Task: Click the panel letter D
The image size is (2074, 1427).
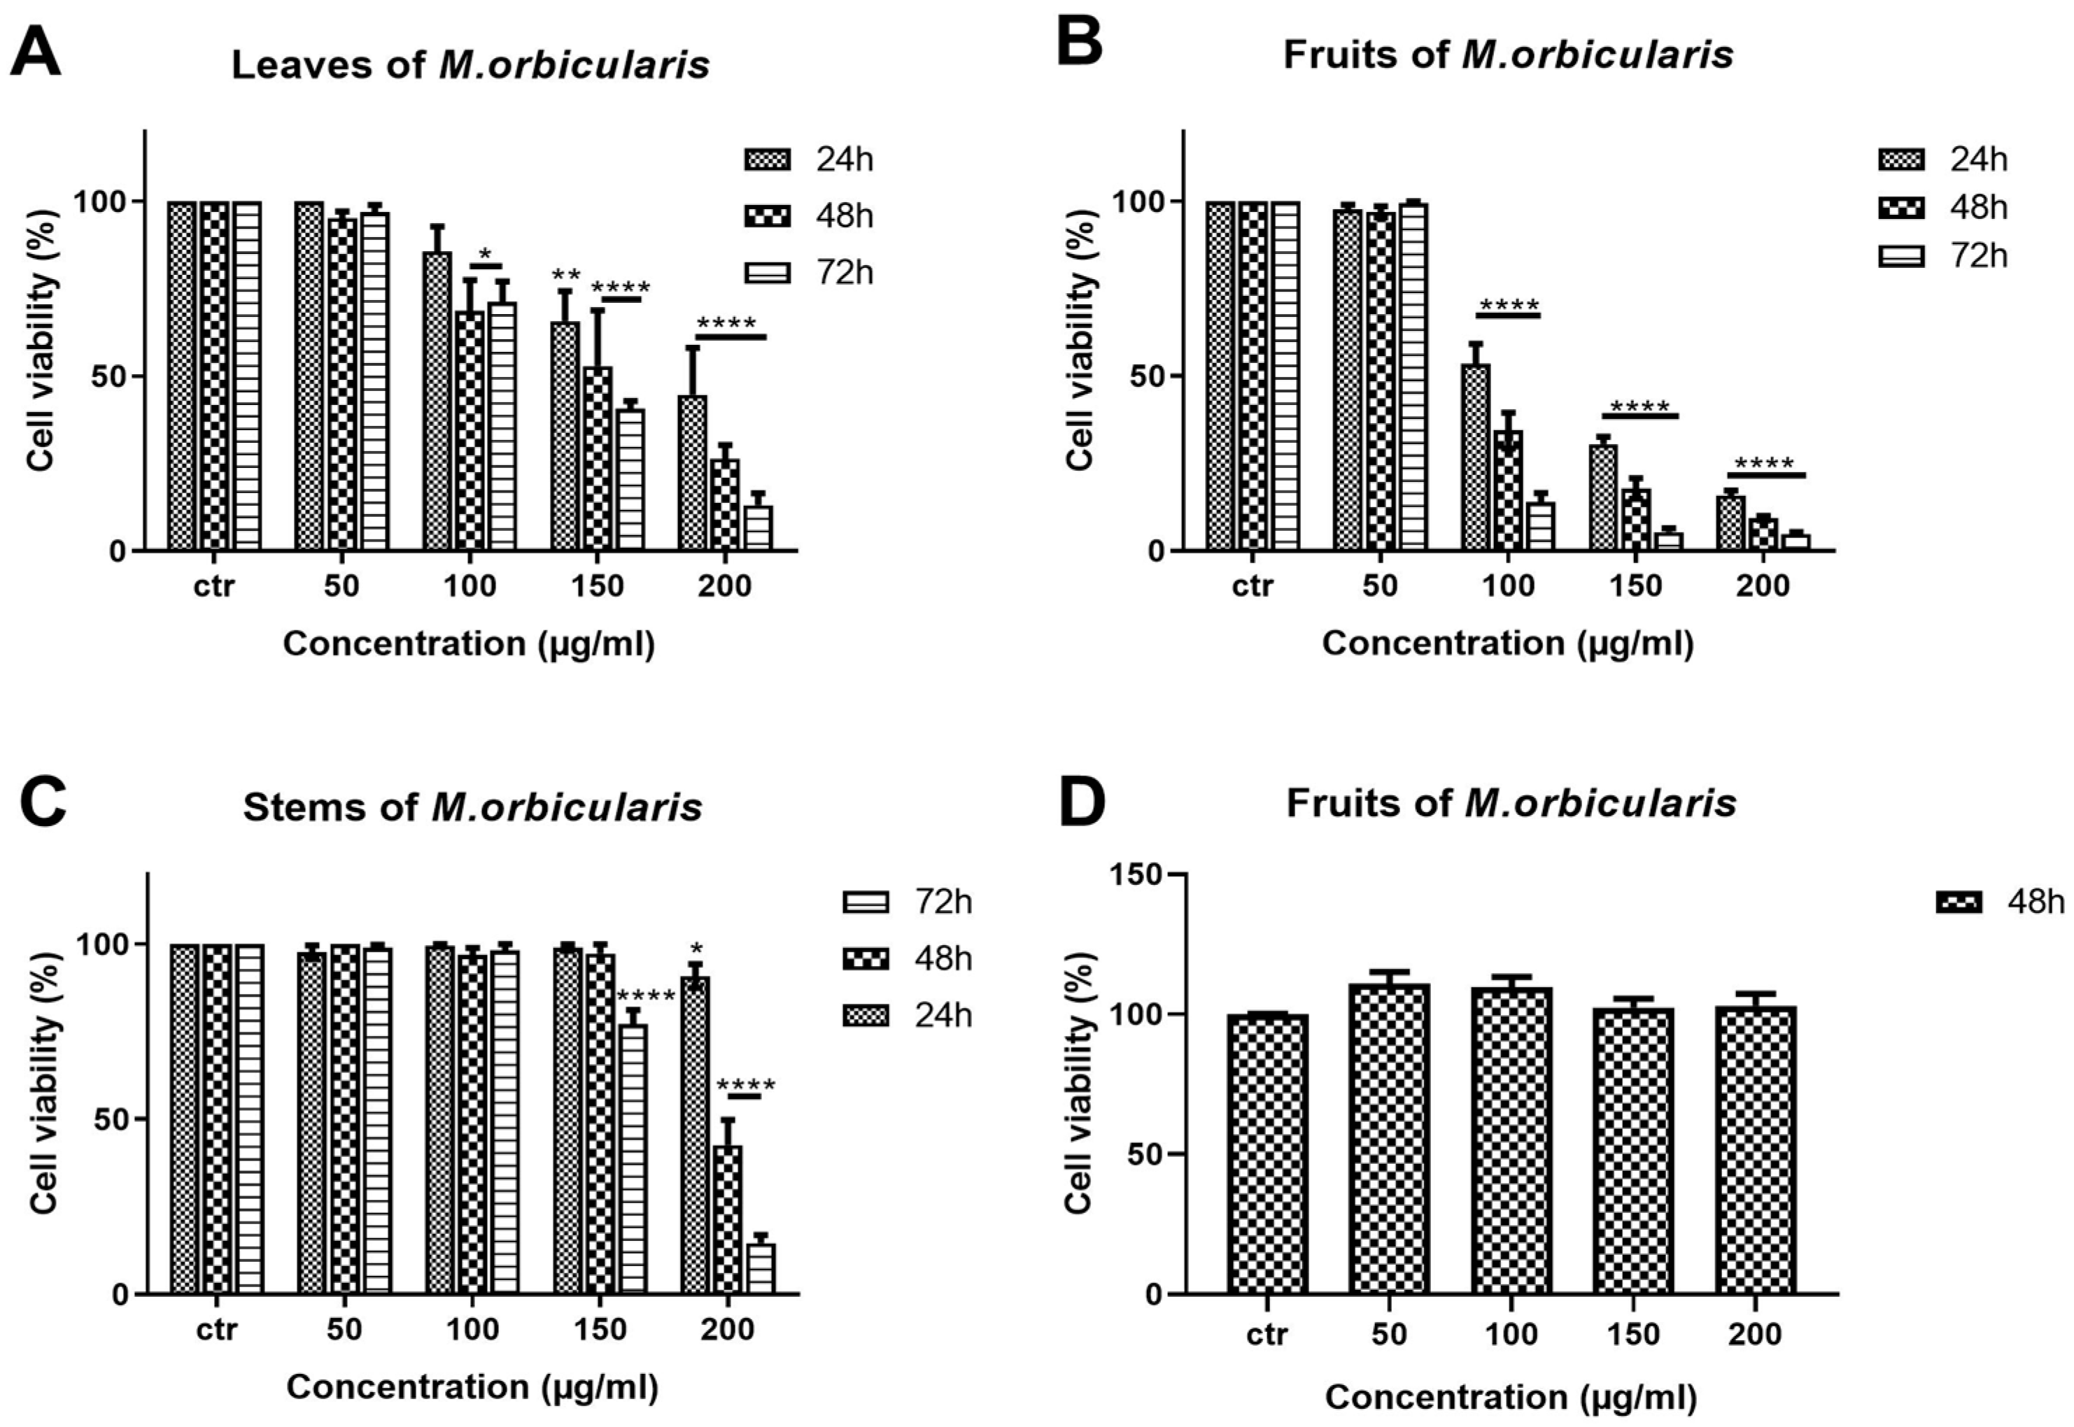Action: click(x=1081, y=801)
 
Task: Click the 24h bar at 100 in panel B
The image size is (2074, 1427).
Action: click(x=1475, y=456)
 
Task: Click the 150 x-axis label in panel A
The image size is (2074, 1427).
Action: click(x=598, y=586)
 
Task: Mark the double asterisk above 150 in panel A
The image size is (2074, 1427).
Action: click(x=566, y=274)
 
